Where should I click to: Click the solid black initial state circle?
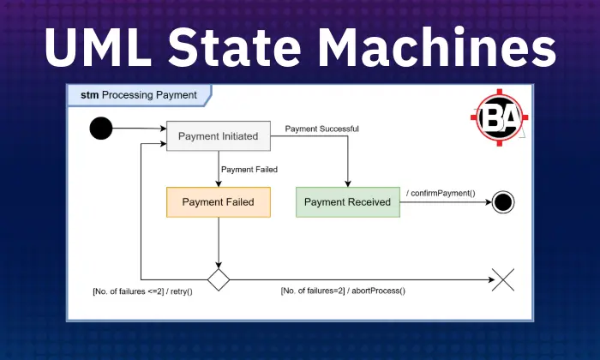click(101, 129)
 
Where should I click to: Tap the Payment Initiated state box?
click(218, 135)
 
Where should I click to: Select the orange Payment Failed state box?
click(218, 202)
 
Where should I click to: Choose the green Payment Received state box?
click(347, 202)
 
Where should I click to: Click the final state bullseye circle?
click(503, 202)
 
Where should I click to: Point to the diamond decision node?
click(219, 279)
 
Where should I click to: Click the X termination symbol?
click(502, 279)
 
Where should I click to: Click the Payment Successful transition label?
click(321, 129)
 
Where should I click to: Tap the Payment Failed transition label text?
click(249, 169)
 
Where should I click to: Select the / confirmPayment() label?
click(441, 192)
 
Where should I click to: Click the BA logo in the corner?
click(500, 119)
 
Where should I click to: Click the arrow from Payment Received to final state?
click(446, 203)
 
